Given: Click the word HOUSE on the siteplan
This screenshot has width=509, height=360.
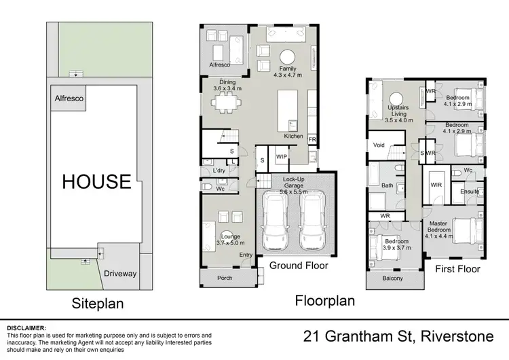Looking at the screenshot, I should point(97,181).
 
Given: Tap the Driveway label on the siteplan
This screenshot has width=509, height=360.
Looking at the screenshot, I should point(120,274).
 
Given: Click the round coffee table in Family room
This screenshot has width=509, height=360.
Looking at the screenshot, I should point(289,56).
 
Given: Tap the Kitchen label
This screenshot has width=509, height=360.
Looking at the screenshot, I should point(293,137).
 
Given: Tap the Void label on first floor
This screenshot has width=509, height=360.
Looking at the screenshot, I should point(379,145).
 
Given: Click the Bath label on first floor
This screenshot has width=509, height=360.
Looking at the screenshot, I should point(387,185).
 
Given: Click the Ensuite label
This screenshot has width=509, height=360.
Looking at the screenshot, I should point(470,192).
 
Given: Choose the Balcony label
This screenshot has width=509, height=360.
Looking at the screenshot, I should point(392,278).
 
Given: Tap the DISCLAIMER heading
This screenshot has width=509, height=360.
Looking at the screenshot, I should point(26,327).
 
